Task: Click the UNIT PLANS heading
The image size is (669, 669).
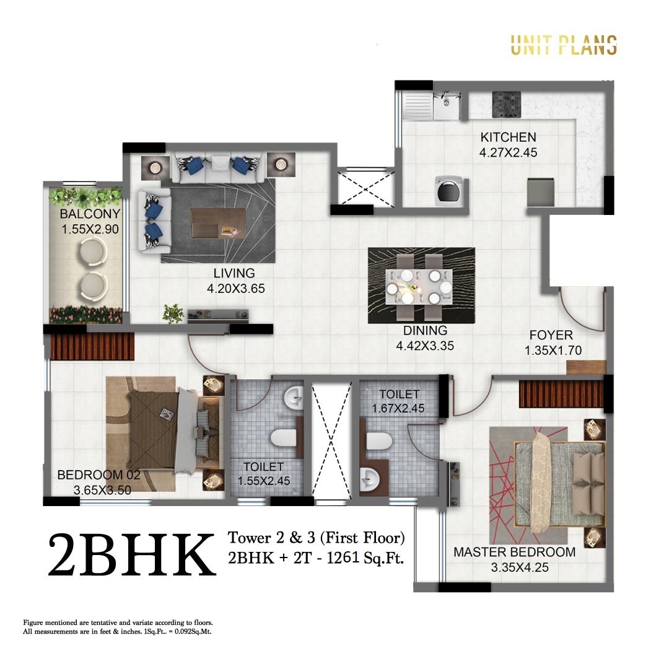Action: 563,45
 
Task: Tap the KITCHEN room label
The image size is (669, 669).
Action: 508,137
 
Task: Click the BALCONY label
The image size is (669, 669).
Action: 90,214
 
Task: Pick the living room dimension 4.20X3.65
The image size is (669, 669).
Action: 231,287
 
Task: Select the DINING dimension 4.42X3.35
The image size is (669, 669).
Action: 425,346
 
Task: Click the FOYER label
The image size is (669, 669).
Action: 551,335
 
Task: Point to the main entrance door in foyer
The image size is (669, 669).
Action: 582,310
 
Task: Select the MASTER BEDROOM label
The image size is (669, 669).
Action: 514,552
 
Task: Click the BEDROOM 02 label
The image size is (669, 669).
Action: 98,475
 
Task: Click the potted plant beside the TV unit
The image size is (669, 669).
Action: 173,313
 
